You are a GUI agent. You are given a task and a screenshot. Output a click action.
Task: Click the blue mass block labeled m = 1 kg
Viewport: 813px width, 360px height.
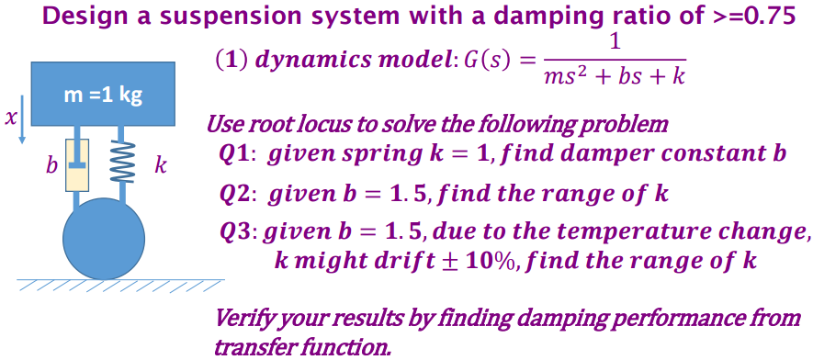tap(103, 93)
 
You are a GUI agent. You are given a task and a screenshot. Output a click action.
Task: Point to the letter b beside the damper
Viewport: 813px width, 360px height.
tap(51, 166)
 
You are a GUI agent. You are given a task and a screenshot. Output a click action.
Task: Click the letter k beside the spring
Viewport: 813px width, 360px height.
tap(161, 165)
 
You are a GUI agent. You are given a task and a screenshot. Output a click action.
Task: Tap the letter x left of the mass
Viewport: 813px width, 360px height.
tap(10, 117)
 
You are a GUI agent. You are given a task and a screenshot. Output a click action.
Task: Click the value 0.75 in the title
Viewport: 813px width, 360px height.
tap(771, 16)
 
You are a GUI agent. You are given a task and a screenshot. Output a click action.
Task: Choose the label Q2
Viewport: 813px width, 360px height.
tap(241, 193)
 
